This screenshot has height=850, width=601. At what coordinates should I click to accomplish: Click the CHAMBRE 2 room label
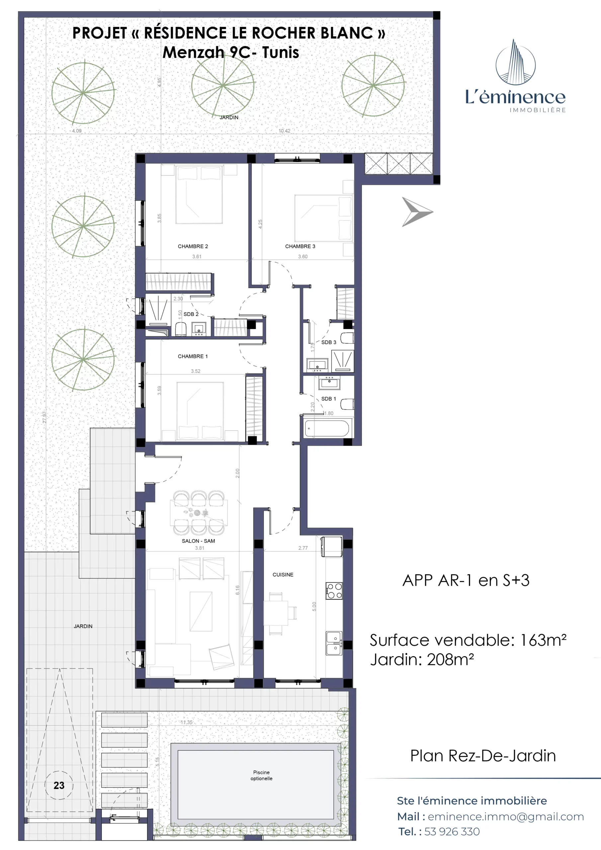(193, 246)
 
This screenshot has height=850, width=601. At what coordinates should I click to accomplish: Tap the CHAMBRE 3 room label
(300, 246)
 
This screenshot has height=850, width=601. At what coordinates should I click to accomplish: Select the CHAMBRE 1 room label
(193, 356)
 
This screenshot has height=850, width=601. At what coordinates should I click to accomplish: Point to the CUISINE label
(283, 574)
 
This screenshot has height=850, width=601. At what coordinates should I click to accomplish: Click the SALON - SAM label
(198, 541)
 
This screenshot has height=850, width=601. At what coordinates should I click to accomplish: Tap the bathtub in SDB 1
(327, 428)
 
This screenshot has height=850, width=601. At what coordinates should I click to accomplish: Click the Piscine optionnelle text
(261, 775)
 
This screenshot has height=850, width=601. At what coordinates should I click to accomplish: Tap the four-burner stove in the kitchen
(334, 591)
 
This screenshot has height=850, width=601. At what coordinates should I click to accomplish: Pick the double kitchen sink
(334, 643)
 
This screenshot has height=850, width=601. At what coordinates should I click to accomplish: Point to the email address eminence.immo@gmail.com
(506, 817)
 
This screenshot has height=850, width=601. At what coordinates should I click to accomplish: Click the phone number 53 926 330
(452, 832)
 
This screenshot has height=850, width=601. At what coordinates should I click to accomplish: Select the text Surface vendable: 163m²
(468, 640)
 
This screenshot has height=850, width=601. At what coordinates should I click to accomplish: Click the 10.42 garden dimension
(284, 131)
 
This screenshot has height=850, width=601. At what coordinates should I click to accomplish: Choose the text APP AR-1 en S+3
(466, 580)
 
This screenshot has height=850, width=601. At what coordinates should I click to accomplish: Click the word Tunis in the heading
(280, 52)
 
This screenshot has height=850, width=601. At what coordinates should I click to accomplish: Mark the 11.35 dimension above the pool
(186, 722)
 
